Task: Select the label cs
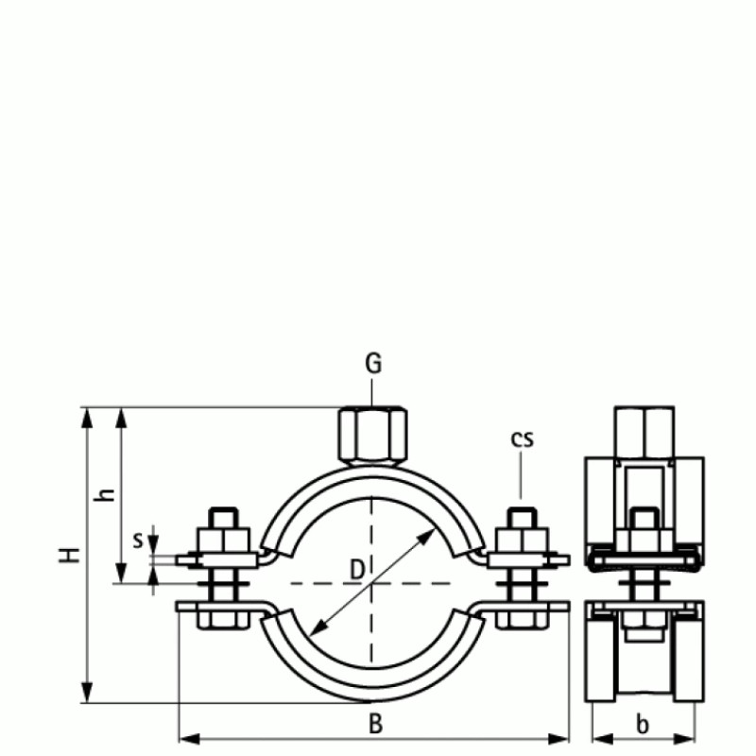[522, 438]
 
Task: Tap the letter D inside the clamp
[356, 569]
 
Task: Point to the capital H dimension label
[68, 555]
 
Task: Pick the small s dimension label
[138, 541]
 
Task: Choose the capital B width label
[375, 724]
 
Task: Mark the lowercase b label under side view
[643, 725]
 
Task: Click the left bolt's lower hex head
[223, 620]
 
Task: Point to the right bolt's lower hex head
[522, 620]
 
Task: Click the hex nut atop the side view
[644, 430]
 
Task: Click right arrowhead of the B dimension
[563, 736]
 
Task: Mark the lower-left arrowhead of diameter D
[316, 630]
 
